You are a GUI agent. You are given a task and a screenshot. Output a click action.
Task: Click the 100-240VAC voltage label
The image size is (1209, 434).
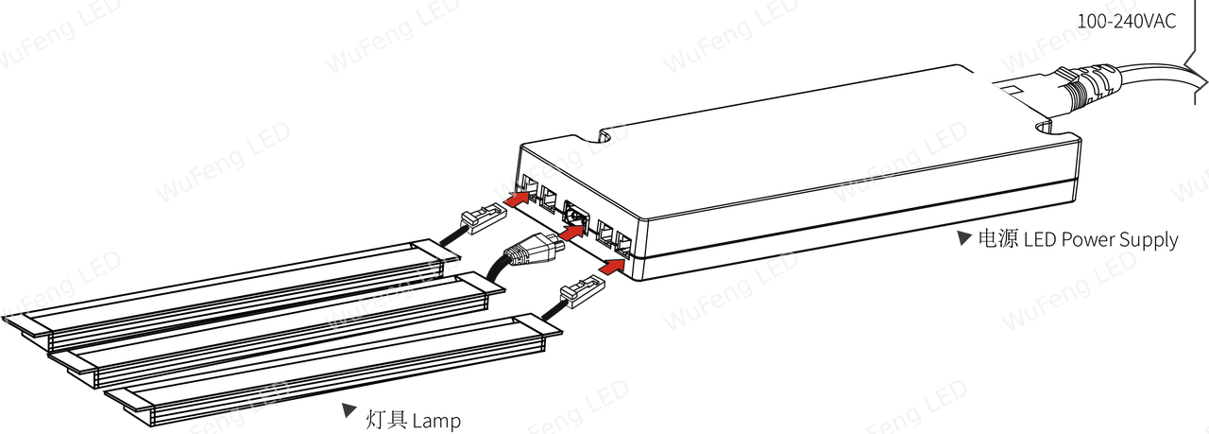(1127, 21)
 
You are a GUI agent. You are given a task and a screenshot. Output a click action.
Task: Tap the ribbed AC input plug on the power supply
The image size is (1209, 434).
(1085, 85)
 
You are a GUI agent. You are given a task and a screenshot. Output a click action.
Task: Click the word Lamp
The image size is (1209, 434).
(436, 421)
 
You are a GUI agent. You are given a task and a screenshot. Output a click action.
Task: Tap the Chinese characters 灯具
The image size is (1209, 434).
(386, 420)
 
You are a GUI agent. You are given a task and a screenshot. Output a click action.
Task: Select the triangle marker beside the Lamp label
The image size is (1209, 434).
(349, 410)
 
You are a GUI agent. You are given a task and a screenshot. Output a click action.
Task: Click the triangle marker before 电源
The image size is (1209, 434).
(964, 238)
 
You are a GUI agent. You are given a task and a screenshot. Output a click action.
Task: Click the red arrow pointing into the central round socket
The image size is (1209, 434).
(572, 233)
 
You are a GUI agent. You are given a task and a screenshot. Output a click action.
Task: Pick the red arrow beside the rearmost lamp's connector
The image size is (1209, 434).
(517, 199)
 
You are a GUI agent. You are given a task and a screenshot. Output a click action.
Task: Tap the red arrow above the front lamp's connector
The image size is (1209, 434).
(614, 266)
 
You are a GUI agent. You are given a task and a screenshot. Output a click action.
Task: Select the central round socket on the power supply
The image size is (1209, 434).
(575, 215)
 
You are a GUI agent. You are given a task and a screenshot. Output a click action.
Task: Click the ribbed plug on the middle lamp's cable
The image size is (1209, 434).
(534, 249)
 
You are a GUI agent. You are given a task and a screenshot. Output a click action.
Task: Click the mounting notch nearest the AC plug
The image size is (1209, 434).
(1045, 127)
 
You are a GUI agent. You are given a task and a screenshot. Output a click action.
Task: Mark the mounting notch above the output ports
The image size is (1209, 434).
(606, 134)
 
